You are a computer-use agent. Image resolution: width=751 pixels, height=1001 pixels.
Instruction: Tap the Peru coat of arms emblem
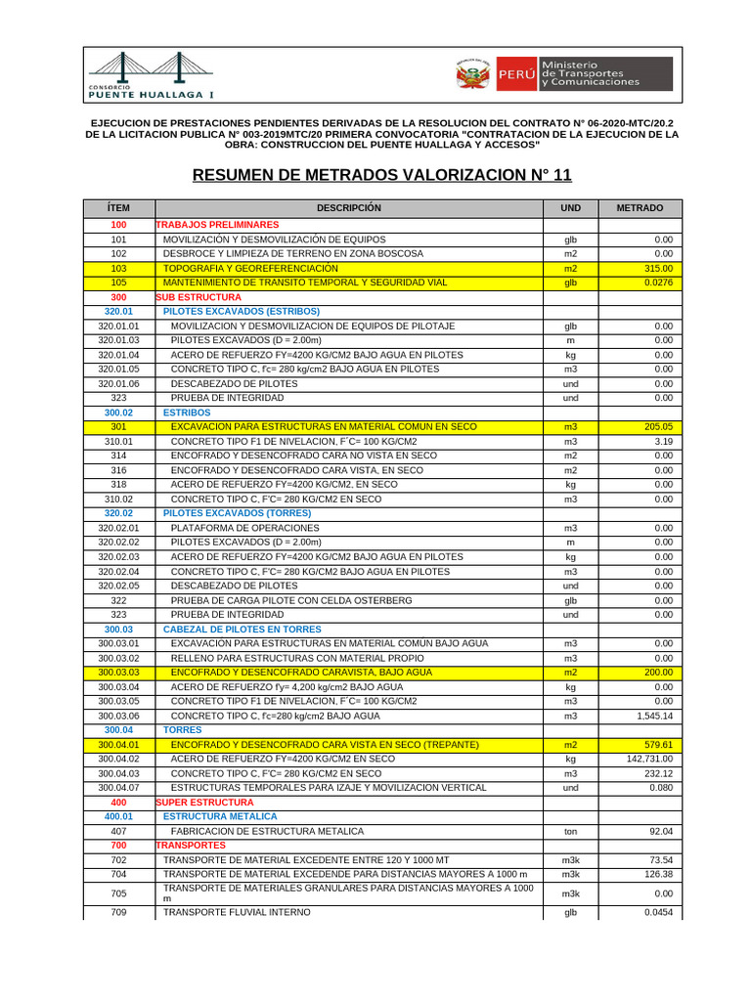(474, 74)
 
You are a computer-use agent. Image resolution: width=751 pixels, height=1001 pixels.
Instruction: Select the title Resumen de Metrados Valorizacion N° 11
(381, 175)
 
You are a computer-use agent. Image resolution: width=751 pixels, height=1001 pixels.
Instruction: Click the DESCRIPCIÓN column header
(349, 208)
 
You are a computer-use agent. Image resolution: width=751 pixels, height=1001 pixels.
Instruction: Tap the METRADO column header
(640, 208)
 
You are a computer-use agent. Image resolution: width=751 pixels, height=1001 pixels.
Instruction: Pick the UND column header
(570, 208)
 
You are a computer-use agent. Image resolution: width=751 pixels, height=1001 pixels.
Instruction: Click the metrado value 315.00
(658, 268)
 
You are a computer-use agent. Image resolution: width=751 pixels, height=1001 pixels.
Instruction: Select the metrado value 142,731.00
(649, 759)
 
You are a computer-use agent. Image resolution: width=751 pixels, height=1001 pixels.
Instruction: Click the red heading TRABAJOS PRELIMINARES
(217, 225)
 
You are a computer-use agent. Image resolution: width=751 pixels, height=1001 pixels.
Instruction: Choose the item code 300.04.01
(118, 745)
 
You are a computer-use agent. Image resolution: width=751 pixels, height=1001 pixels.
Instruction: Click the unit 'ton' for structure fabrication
(570, 831)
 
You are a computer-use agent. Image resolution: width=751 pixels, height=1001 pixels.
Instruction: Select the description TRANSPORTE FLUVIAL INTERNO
(237, 912)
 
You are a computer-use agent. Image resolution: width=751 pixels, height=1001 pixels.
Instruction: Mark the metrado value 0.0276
(656, 283)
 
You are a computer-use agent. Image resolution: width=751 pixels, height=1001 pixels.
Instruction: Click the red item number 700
(118, 845)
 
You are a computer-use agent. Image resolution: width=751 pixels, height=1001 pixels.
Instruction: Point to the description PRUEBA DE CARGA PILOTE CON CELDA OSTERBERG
(291, 600)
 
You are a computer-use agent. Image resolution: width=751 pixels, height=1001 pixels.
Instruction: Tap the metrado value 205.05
(658, 427)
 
